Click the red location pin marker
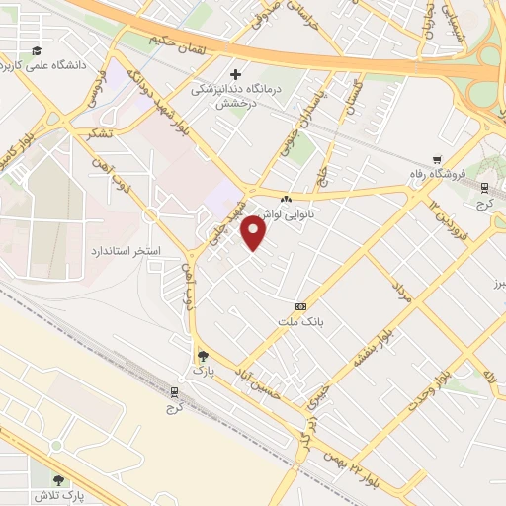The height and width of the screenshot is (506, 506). coord(255,231)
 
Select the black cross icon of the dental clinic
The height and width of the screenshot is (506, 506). coord(234,74)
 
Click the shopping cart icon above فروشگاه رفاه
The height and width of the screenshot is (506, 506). coord(436,159)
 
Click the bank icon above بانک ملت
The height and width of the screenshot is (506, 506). coord(301,306)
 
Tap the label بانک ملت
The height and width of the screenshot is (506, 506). coord(301,321)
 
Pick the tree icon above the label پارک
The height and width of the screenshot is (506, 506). coord(203,356)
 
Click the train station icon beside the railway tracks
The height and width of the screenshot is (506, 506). coord(175,392)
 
